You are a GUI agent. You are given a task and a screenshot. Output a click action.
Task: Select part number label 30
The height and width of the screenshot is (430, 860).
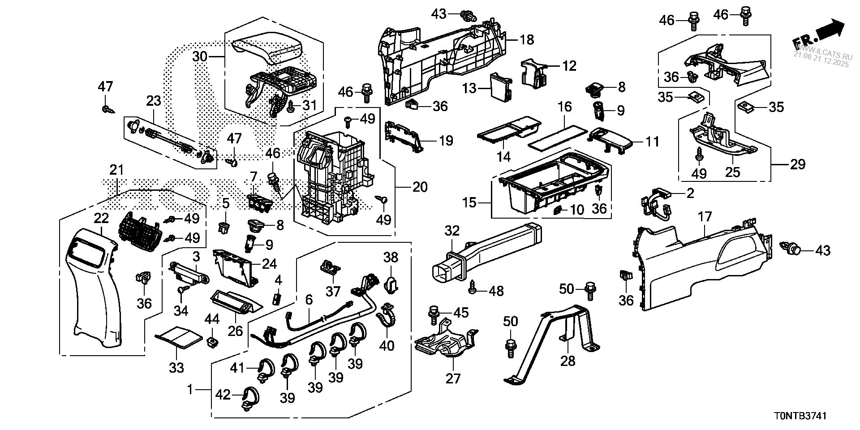pos(200,57)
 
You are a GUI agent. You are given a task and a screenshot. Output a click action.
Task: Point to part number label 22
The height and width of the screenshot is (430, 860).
pos(102,219)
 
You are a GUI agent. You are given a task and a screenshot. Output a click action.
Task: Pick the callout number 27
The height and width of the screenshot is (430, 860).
pos(453,378)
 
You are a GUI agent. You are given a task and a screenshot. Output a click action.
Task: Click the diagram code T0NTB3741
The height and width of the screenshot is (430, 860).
pos(800,415)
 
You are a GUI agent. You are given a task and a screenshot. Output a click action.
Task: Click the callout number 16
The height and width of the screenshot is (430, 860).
pos(565,107)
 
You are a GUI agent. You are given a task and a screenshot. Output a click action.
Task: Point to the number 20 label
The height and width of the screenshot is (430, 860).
pos(420,187)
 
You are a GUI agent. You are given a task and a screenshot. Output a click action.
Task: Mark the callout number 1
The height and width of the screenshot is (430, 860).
pos(189,390)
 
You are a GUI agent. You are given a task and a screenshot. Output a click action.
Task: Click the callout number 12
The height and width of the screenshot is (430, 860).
pos(569,66)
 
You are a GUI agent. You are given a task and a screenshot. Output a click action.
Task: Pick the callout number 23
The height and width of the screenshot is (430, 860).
pos(154,101)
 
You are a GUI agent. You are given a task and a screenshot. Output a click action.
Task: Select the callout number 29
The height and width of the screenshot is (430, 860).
pos(798,164)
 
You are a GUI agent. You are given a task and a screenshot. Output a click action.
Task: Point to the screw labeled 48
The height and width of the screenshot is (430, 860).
pos(472,288)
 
